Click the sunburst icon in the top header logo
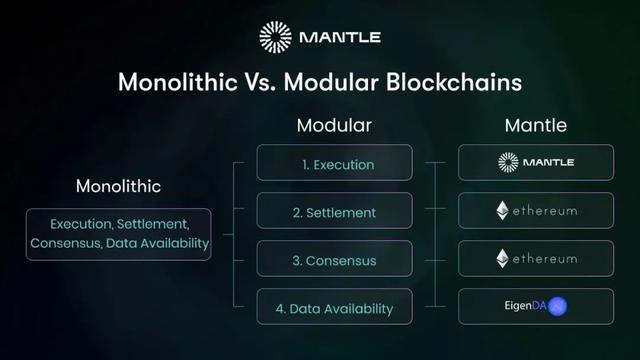coord(275,37)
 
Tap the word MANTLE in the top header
coord(339,38)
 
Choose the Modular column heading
coord(334,127)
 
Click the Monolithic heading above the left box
coord(118,186)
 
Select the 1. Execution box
coord(334,163)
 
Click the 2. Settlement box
coord(334,212)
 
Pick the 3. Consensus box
coord(334,260)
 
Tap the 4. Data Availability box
coord(334,308)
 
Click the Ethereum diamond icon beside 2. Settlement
coord(502,211)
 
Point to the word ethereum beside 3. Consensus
coord(545,259)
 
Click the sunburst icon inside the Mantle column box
coord(508,162)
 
